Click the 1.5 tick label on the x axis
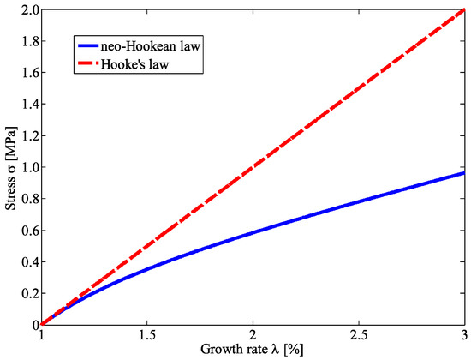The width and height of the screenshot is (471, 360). click(146, 336)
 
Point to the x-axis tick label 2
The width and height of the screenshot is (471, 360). click(253, 336)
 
